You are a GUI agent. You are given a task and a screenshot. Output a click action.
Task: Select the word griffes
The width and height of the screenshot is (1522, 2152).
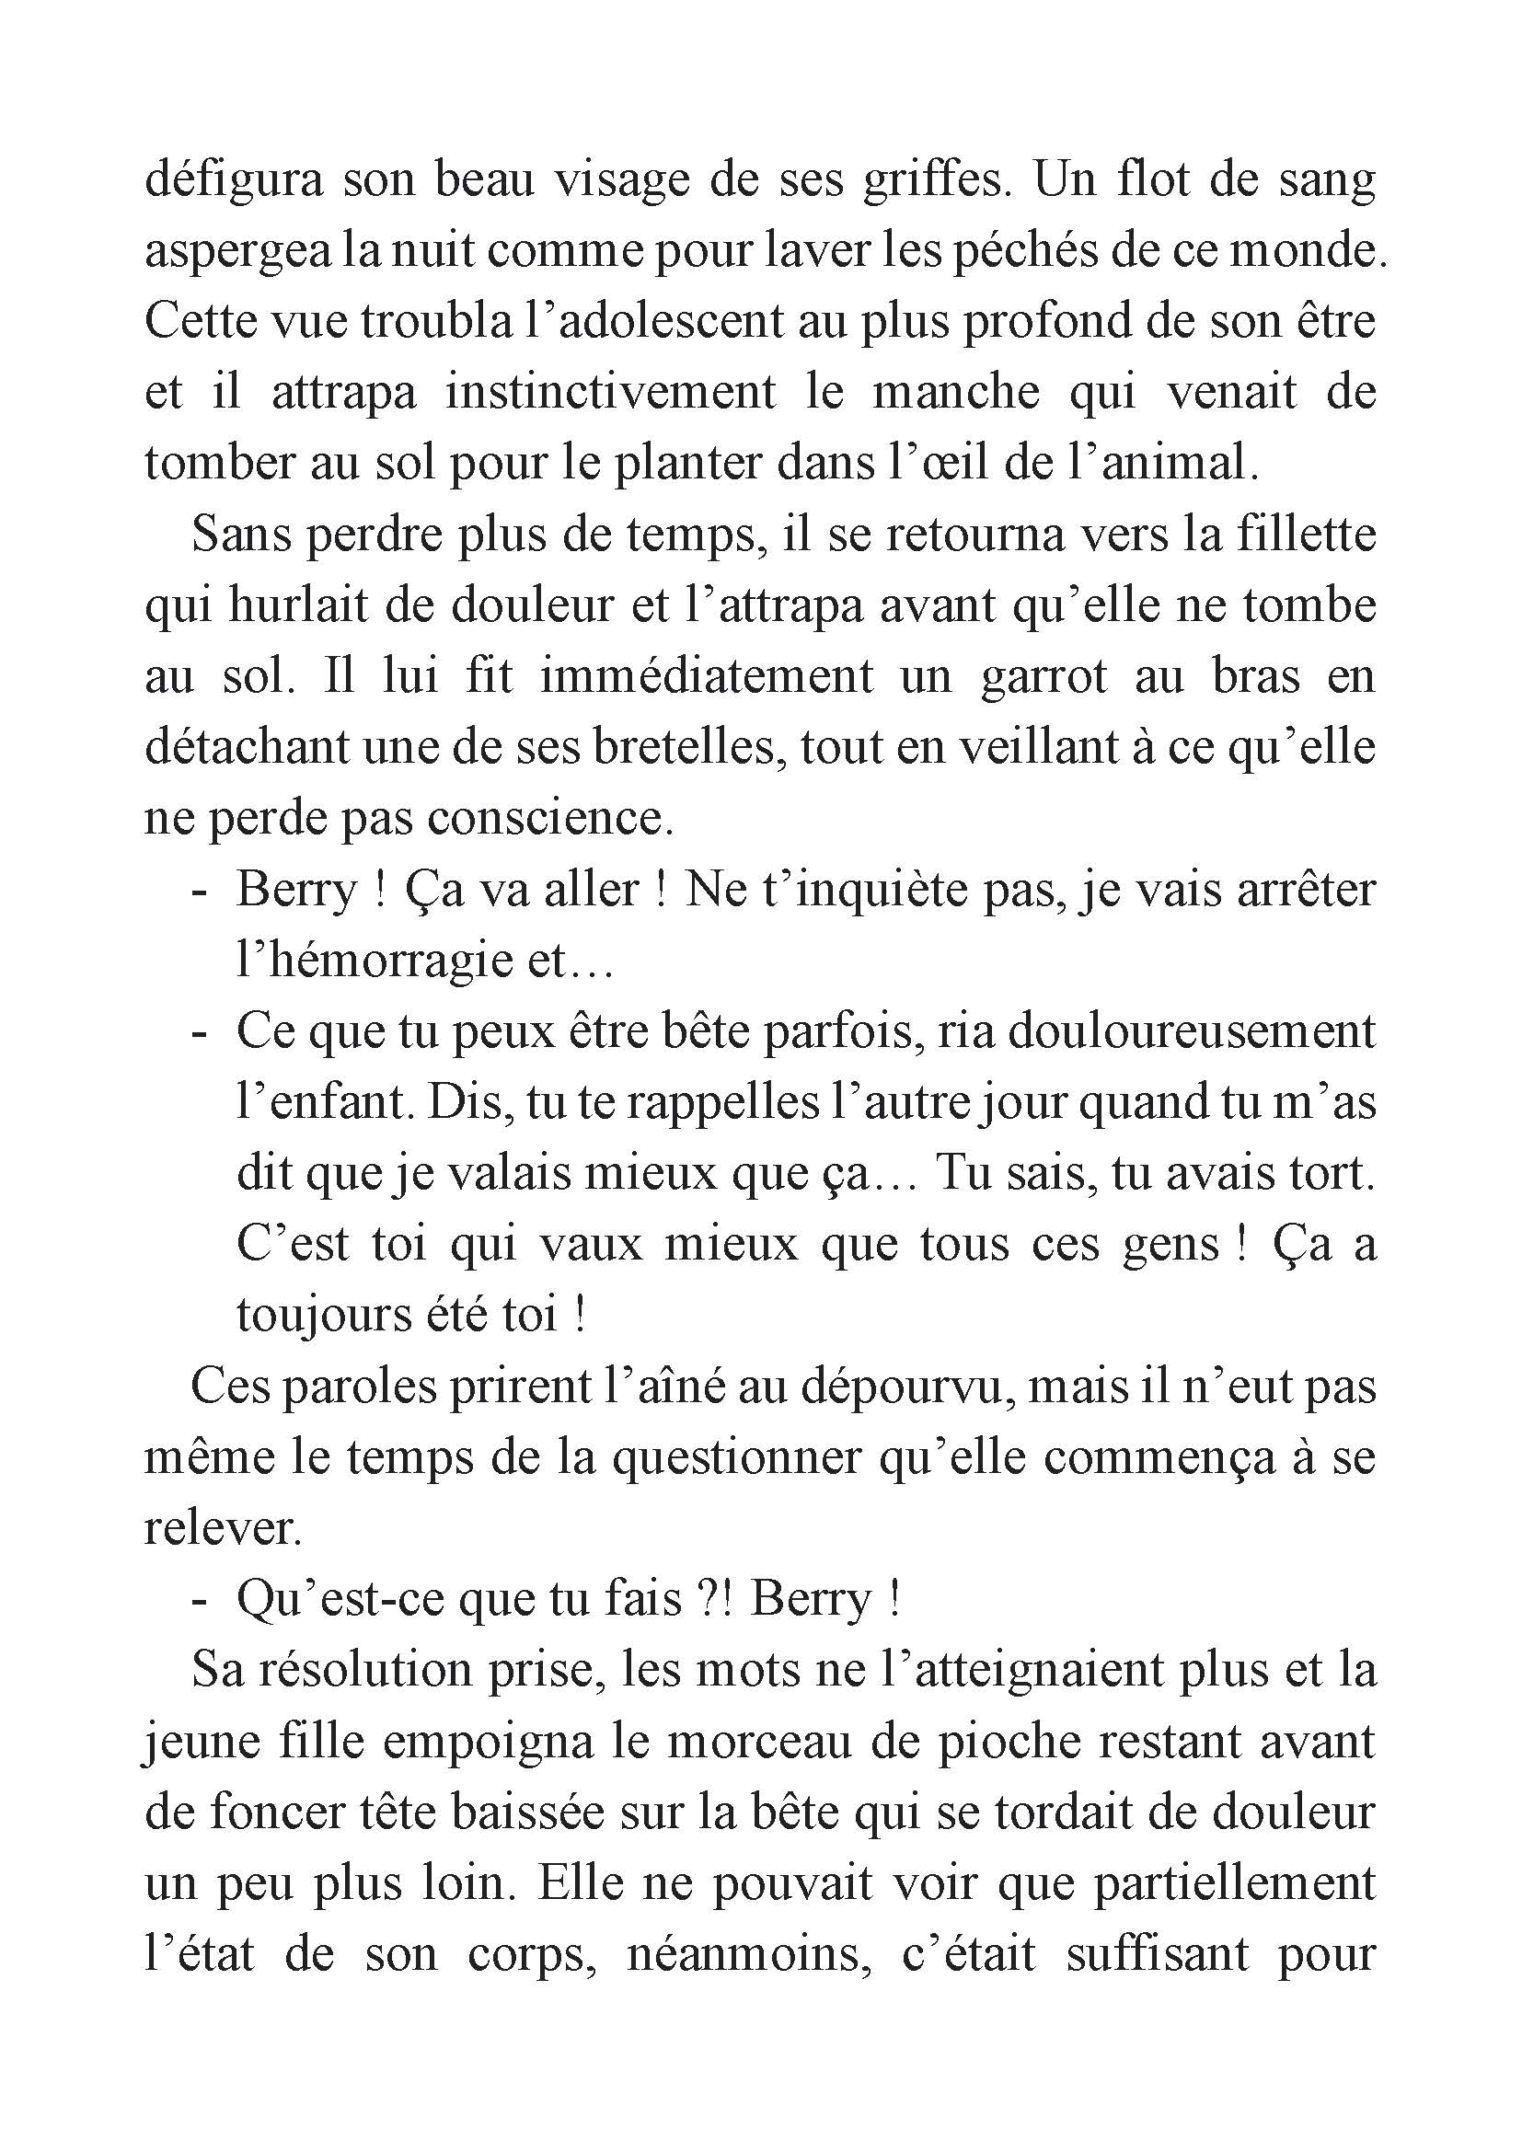[938, 180]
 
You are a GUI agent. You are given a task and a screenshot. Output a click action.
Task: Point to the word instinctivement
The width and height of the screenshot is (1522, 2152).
[610, 393]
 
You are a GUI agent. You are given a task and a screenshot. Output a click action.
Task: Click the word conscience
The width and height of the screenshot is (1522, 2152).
[550, 818]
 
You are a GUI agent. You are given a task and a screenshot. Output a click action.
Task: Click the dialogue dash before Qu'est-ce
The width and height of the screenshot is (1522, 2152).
[198, 1601]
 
